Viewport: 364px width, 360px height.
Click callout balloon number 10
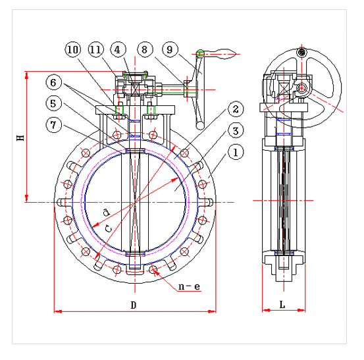[x=72, y=49]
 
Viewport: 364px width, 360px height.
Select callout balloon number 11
[x=95, y=49]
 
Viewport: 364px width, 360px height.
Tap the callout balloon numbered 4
[x=118, y=49]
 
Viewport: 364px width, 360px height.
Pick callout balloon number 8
[x=145, y=49]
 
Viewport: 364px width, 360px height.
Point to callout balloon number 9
[x=170, y=49]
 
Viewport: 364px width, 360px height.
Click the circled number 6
[x=53, y=83]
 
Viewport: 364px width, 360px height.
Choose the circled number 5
[x=53, y=103]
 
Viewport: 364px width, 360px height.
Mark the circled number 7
[x=53, y=125]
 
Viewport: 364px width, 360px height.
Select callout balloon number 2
[x=236, y=109]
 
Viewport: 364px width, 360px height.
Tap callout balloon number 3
[x=236, y=131]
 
